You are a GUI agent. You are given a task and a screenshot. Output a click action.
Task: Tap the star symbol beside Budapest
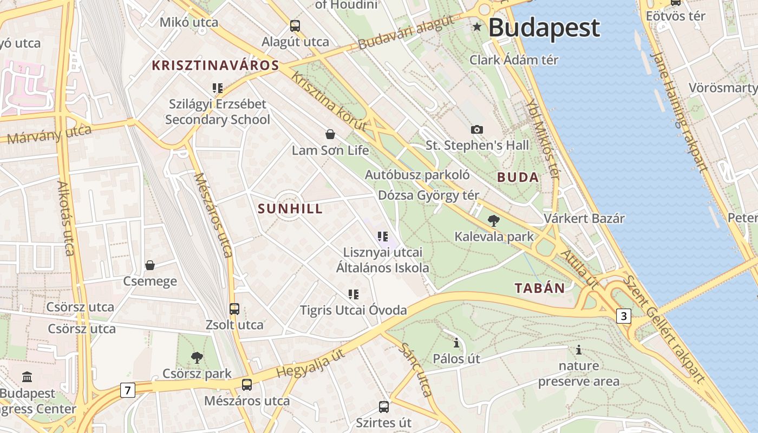click(x=477, y=27)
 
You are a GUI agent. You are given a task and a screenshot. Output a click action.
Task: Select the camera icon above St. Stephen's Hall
click(x=476, y=129)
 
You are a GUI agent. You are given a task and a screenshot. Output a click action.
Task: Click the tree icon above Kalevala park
click(x=493, y=220)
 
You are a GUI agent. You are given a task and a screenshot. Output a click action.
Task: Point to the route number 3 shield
click(x=624, y=316)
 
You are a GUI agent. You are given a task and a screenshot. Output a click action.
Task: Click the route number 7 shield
click(x=127, y=390)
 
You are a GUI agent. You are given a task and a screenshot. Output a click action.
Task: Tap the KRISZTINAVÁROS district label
click(x=215, y=66)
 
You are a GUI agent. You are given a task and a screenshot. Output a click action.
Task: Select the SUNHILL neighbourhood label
click(x=290, y=209)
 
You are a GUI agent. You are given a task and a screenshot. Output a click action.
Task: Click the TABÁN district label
click(x=540, y=288)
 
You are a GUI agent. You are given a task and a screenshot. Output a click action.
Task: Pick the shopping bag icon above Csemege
click(x=150, y=265)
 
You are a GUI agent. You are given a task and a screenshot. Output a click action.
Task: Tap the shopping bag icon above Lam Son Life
click(x=330, y=134)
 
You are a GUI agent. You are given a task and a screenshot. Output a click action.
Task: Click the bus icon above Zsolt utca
click(x=234, y=309)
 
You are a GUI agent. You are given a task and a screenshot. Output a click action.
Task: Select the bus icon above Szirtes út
click(x=384, y=406)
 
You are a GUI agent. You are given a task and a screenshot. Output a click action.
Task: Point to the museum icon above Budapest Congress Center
click(x=27, y=377)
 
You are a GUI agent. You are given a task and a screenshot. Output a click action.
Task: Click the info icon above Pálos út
click(x=456, y=343)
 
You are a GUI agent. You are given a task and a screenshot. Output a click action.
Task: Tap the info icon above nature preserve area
click(x=579, y=350)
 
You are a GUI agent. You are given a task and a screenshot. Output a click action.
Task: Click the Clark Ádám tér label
click(x=514, y=60)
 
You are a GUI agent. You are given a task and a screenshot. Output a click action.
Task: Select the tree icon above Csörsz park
click(x=197, y=357)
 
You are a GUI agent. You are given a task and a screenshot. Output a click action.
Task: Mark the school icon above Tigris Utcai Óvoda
click(x=354, y=294)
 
